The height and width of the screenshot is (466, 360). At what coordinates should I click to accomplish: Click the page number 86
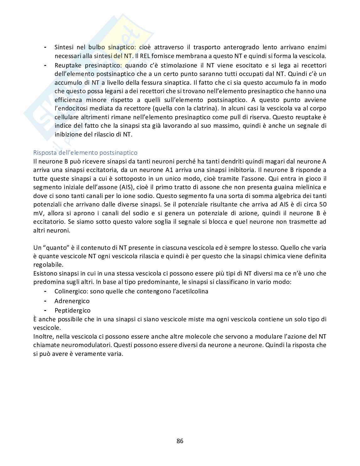pyautogui.click(x=180, y=441)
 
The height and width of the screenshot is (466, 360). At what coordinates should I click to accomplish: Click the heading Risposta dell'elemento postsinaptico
pyautogui.click(x=85, y=153)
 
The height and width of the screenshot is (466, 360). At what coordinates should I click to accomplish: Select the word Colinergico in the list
pyautogui.click(x=71, y=291)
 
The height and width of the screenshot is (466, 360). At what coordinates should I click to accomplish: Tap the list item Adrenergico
pyautogui.click(x=72, y=301)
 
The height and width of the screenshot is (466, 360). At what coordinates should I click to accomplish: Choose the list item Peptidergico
pyautogui.click(x=72, y=310)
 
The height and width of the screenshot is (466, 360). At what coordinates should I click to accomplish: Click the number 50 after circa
pyautogui.click(x=322, y=204)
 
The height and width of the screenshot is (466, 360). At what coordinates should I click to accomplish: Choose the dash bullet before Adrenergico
pyautogui.click(x=46, y=301)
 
